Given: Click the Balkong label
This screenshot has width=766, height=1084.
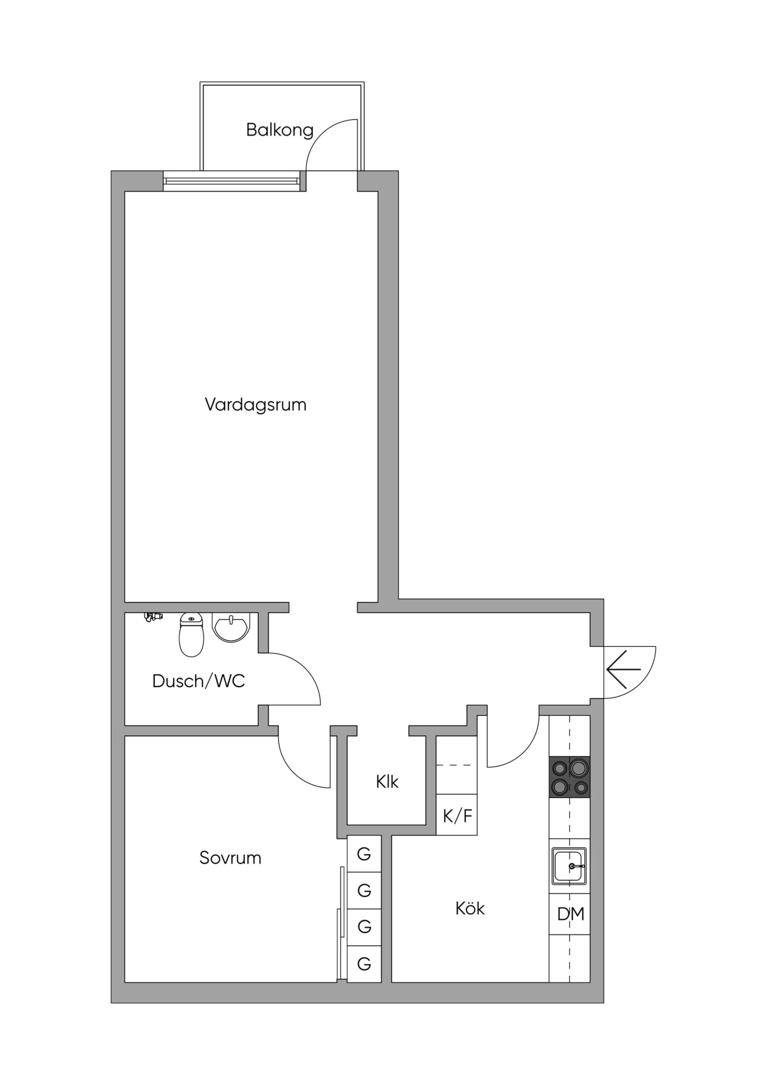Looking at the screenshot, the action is tap(280, 130).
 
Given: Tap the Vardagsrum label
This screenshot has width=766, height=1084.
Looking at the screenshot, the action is tap(255, 405).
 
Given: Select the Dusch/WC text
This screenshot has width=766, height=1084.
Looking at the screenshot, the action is tap(199, 681).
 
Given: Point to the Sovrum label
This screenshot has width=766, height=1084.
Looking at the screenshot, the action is tap(230, 857).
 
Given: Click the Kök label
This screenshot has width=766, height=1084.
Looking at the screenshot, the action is tap(470, 908).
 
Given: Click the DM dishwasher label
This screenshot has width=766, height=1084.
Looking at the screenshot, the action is tap(570, 914).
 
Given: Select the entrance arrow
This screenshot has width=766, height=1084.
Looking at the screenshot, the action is tap(623, 669).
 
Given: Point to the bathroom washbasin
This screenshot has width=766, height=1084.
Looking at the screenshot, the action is tap(231, 628).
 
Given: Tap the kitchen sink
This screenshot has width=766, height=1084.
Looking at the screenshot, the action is tap(570, 866).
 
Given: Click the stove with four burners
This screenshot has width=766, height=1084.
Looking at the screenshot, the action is tap(570, 777).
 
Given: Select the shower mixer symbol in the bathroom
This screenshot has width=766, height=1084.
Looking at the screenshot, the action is tap(153, 617).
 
